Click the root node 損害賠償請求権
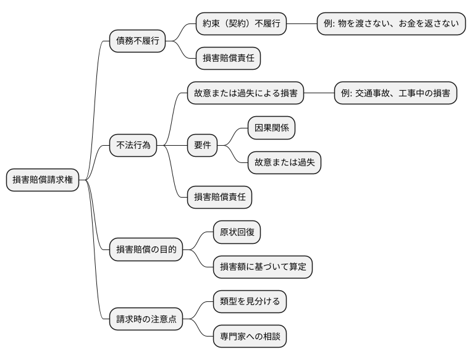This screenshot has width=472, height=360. tap(43, 180)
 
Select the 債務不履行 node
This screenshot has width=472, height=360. tap(137, 41)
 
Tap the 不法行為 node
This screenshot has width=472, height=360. tap(133, 146)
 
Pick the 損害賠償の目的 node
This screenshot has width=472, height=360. tap(146, 249)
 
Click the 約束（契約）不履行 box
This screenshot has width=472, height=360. tap(241, 24)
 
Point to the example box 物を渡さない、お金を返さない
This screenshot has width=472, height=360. tap(391, 24)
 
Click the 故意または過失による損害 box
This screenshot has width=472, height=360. tap(245, 93)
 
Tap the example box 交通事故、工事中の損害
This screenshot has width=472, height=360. tap(395, 93)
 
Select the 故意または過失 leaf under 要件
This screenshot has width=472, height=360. tap(284, 162)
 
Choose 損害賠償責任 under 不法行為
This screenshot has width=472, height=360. tap(219, 197)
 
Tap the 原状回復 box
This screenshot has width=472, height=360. tap(237, 232)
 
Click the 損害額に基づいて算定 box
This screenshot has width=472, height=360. tap(263, 267)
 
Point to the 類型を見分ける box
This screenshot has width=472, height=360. tap(250, 301)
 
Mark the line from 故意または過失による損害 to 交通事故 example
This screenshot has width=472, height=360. tap(319, 93)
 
